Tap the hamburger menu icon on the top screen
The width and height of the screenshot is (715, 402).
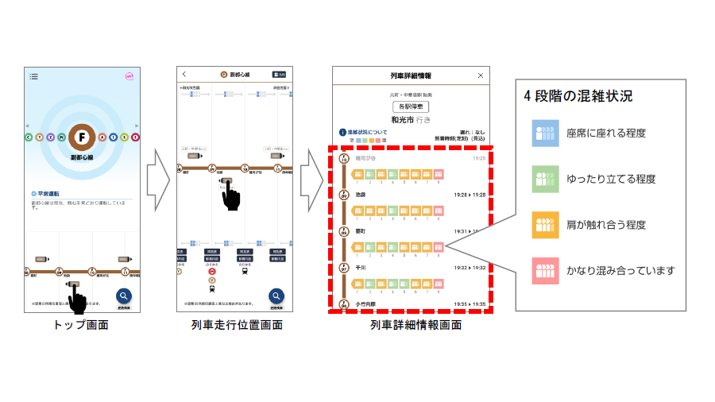(34, 76)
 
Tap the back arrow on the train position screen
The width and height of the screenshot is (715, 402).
(185, 74)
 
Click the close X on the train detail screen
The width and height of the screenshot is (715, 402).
(480, 75)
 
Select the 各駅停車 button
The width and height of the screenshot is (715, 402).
(411, 106)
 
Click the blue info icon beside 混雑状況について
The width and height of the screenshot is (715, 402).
(342, 133)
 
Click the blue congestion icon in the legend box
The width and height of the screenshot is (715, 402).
(546, 133)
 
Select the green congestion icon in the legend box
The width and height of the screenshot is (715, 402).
(546, 179)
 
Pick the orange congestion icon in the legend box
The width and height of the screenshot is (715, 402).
(546, 225)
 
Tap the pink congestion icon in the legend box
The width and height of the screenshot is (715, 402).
(546, 270)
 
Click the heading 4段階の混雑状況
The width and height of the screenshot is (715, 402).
(578, 96)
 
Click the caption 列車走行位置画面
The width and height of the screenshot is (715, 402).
(237, 325)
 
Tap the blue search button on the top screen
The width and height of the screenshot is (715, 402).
(124, 297)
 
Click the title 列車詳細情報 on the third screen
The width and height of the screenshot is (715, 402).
(411, 75)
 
